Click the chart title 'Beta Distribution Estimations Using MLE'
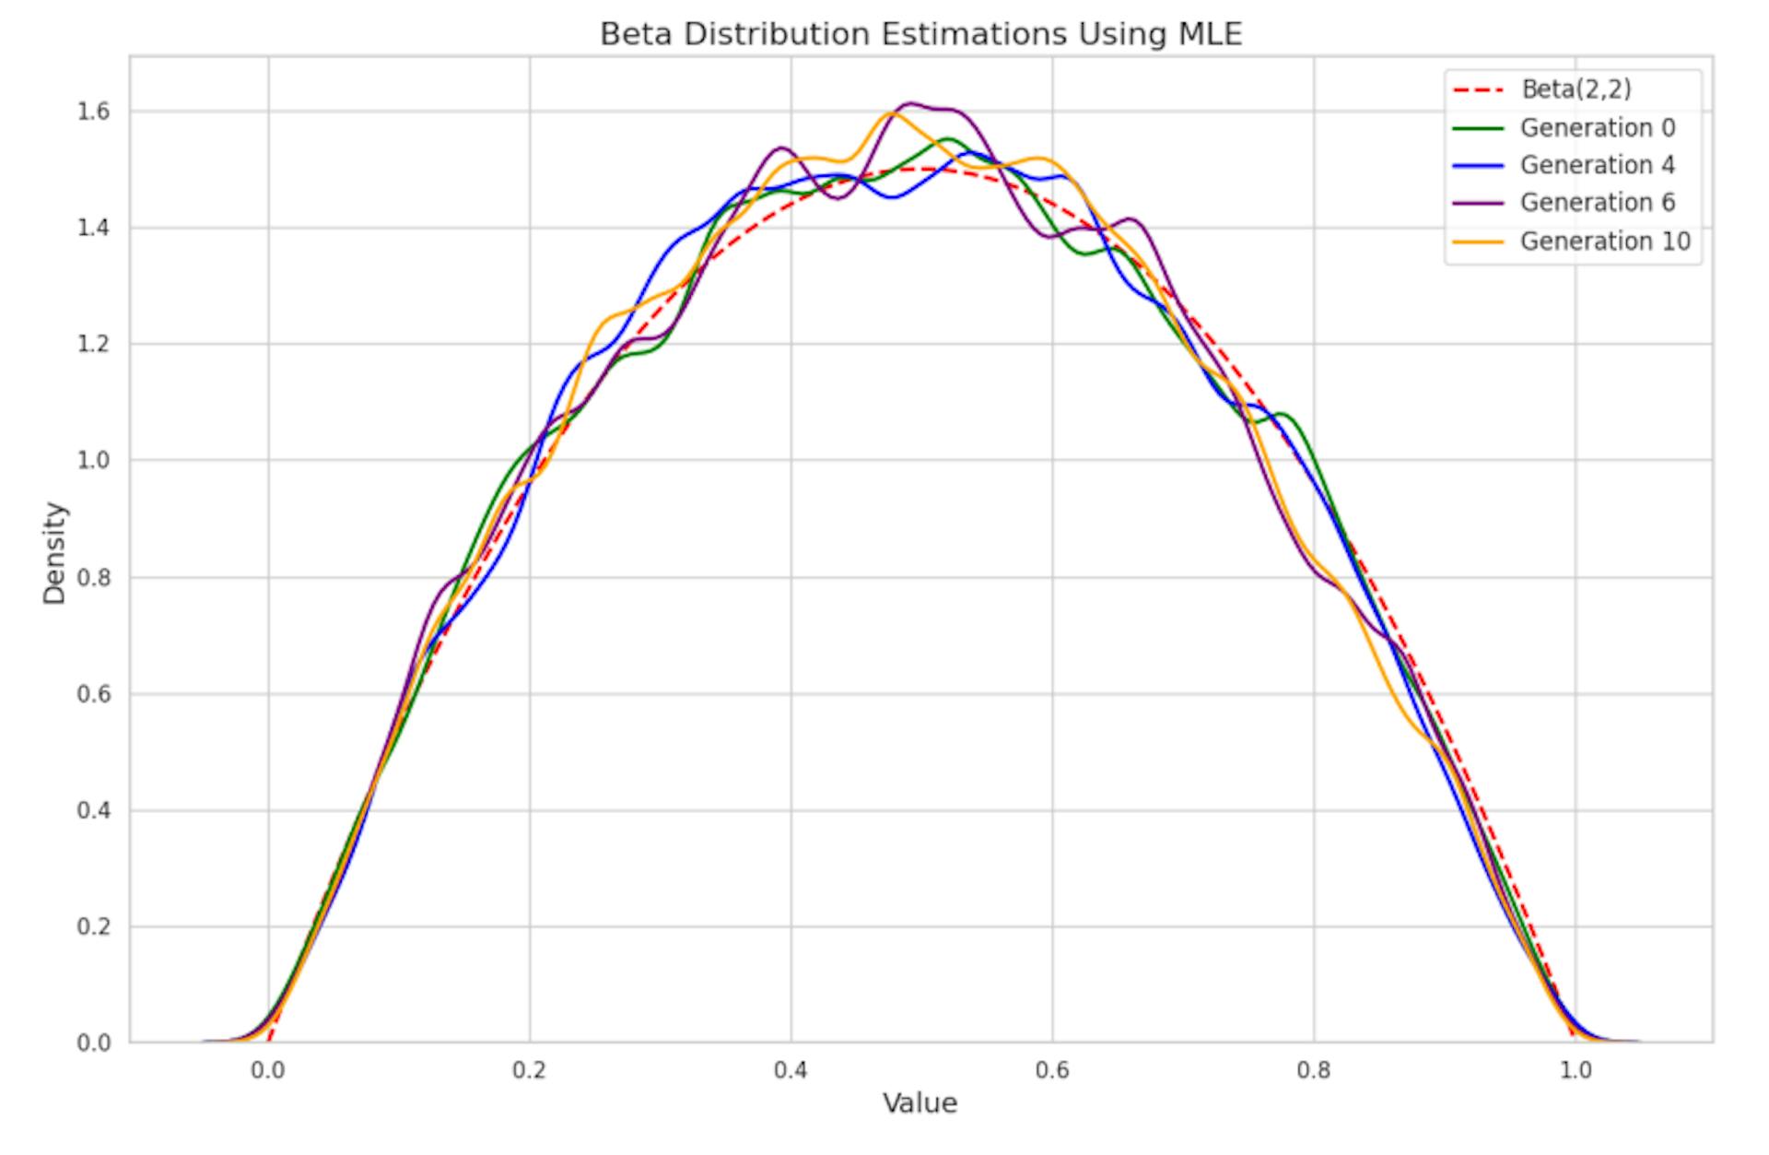click(920, 34)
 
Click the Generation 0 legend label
click(1597, 127)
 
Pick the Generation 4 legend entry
click(1597, 165)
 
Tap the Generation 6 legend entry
click(1597, 203)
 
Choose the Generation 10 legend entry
click(1605, 242)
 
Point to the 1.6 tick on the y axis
click(94, 112)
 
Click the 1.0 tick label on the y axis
click(94, 460)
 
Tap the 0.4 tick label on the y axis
click(94, 810)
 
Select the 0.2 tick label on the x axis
click(530, 1070)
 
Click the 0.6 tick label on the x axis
click(1052, 1070)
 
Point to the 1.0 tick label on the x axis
click(1576, 1070)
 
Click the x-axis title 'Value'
click(920, 1103)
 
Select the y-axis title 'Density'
click(55, 553)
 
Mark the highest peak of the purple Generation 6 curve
click(910, 103)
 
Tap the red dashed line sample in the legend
click(1477, 89)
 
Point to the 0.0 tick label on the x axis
click(268, 1070)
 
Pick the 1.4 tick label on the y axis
click(94, 228)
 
